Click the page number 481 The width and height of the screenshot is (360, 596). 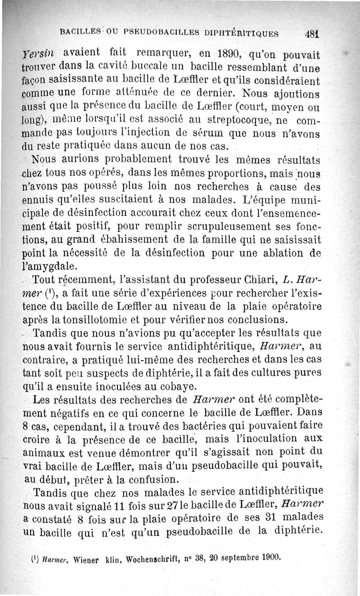311,33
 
